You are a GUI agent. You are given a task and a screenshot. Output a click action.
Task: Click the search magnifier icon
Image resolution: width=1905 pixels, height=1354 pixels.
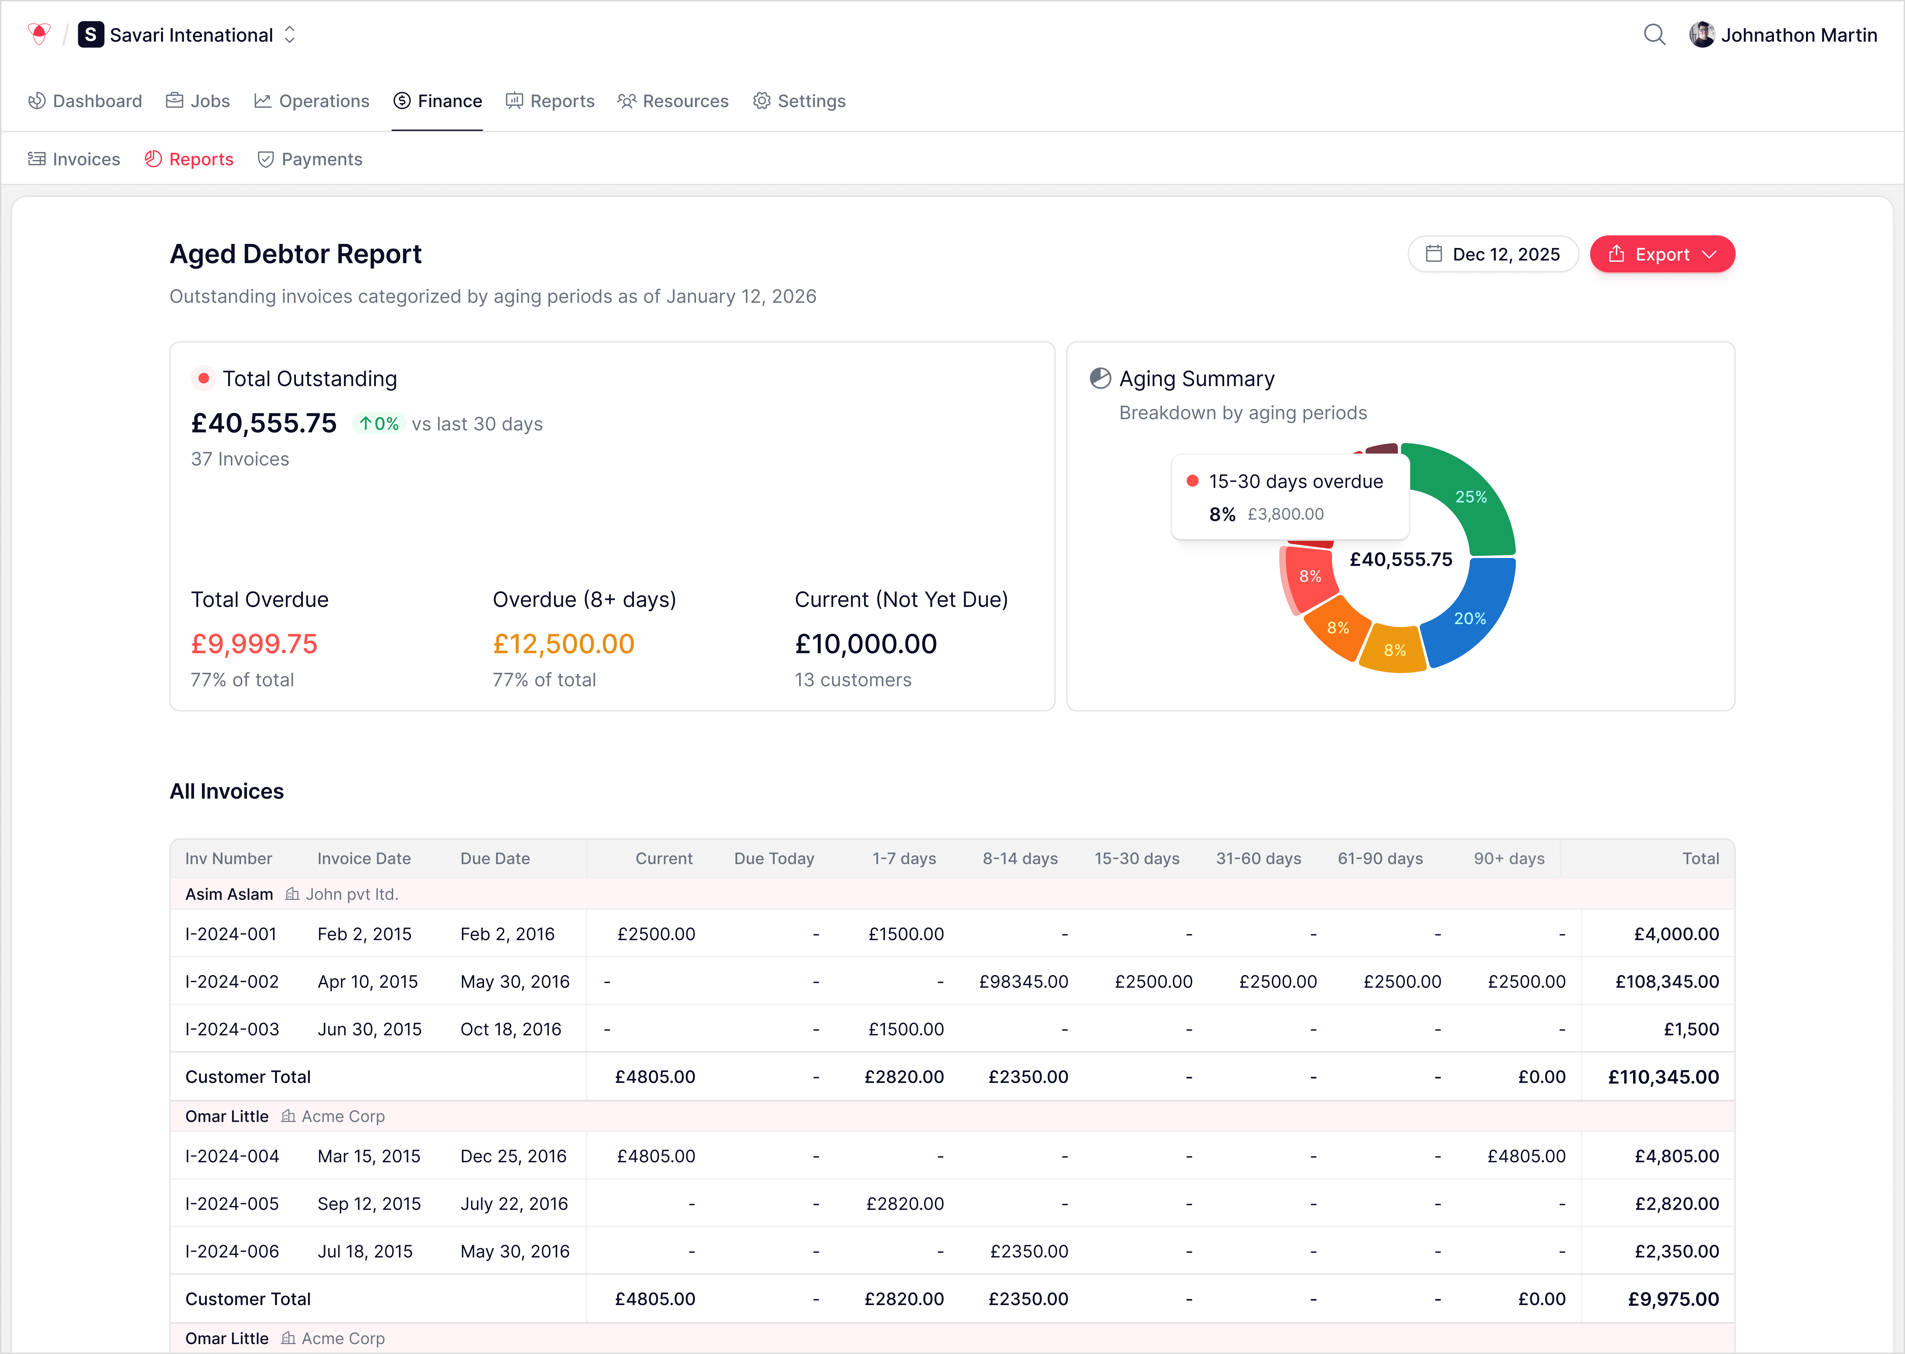point(1654,35)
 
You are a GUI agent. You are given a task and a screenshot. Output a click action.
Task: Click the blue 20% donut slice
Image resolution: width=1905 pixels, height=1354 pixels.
point(1470,618)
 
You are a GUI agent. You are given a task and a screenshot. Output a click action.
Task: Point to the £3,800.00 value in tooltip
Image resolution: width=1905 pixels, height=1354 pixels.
point(1285,514)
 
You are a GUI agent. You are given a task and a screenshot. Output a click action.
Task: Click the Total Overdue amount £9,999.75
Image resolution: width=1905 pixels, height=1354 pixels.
point(254,644)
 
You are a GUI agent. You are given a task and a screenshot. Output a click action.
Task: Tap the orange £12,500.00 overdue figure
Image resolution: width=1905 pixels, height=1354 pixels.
point(564,644)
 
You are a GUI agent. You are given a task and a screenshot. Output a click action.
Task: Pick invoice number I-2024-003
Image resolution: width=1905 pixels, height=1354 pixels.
point(232,1029)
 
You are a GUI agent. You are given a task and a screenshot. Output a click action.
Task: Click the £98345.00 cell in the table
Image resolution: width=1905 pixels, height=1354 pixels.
point(1023,981)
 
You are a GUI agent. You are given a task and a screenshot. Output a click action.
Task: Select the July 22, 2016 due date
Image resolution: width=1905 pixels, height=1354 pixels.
point(514,1204)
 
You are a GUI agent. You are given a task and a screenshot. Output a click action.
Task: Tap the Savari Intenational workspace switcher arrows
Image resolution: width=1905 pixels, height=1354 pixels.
point(289,35)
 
